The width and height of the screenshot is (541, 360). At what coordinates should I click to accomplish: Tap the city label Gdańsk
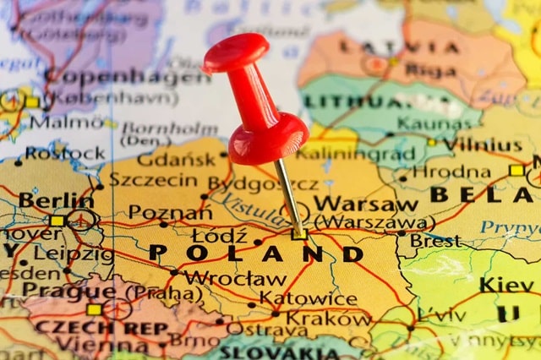coord(176,159)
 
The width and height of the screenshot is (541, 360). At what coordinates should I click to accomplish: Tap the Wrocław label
coord(234,278)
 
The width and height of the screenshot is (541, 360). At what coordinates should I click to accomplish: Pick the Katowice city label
coord(308,298)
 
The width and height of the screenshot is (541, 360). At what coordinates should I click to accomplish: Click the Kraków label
coord(328,319)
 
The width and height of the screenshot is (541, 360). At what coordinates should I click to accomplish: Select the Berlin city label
coord(56,201)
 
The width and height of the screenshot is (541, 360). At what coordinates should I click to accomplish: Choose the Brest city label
coord(434,240)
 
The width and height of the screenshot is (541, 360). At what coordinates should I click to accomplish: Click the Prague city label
coord(68,290)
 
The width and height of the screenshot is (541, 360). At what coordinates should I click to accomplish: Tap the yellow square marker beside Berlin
coord(57,221)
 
